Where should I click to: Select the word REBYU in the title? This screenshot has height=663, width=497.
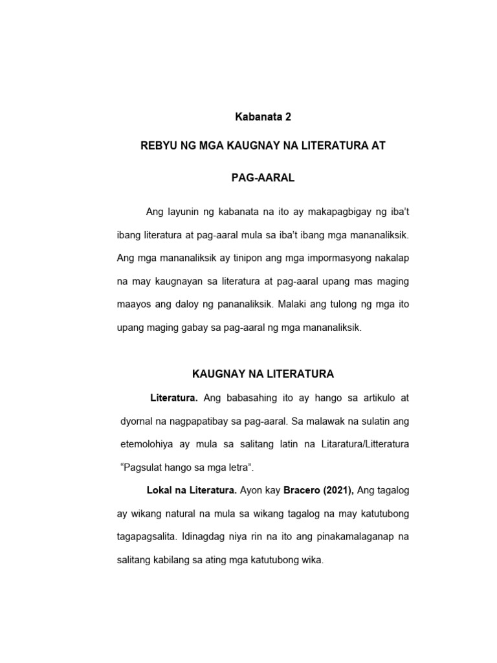(x=159, y=147)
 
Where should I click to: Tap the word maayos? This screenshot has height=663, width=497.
(x=134, y=305)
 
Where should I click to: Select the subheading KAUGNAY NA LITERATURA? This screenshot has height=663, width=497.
(x=263, y=374)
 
